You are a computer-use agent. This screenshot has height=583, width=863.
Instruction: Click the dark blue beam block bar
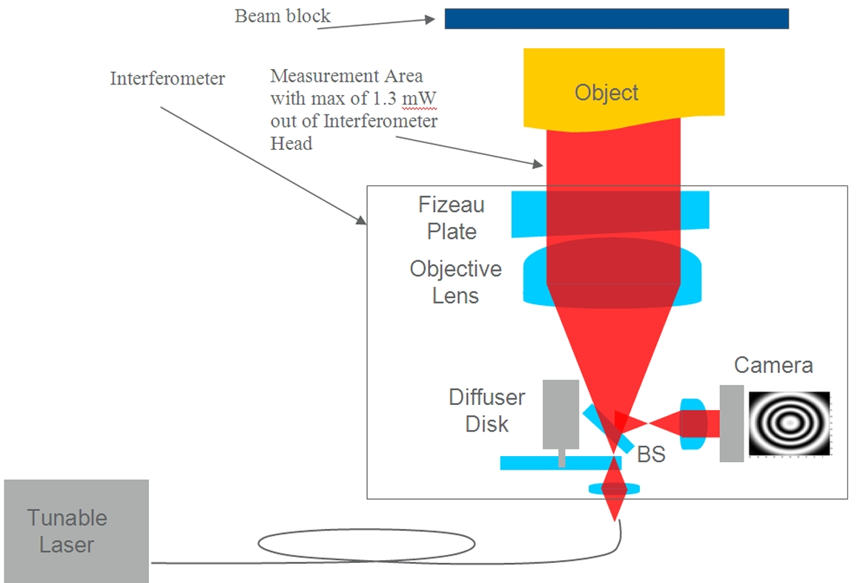(616, 19)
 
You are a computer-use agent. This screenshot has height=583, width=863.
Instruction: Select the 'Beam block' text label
(282, 16)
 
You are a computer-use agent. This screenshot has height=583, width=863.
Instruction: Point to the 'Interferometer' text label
(168, 78)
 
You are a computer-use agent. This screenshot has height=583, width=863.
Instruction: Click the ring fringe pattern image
(789, 424)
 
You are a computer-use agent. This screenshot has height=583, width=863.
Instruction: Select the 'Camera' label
(773, 365)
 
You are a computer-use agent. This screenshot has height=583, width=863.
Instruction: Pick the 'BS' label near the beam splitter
(651, 454)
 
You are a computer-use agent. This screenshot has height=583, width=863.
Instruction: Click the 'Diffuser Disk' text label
(486, 410)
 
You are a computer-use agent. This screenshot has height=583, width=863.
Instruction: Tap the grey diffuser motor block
(561, 415)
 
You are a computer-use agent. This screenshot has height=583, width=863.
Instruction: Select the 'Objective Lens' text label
(455, 282)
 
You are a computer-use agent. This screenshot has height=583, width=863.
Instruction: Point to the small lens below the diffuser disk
(615, 489)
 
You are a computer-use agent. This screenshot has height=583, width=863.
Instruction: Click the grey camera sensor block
(731, 424)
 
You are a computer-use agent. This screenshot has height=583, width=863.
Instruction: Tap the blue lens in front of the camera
(692, 424)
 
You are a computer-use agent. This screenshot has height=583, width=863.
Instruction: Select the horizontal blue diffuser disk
(549, 463)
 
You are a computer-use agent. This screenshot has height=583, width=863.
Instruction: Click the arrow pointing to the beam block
(378, 23)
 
